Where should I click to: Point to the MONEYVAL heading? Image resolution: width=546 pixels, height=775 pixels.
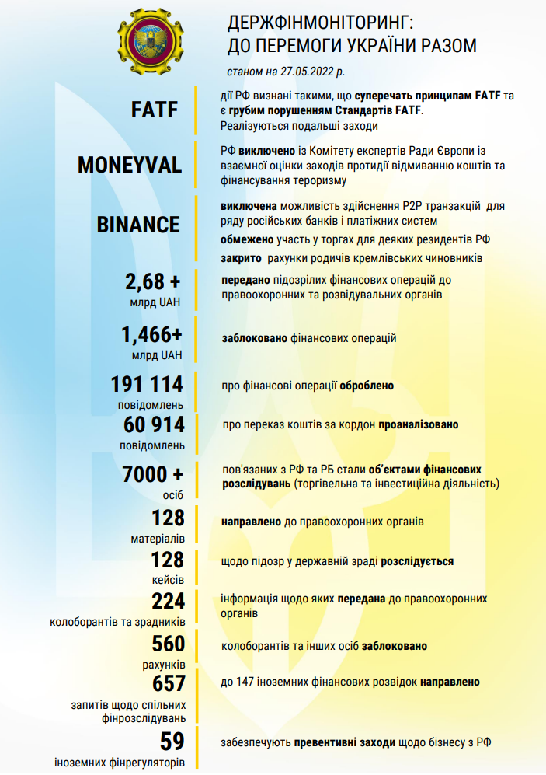[x=130, y=165]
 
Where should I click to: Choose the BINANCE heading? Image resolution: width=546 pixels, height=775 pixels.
[x=138, y=224]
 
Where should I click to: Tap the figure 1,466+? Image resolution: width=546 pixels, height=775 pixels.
[x=151, y=335]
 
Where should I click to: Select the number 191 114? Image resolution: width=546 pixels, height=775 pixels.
[x=147, y=384]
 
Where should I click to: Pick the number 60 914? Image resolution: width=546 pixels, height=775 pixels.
[x=153, y=424]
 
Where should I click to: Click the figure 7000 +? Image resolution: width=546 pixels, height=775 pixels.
[x=153, y=474]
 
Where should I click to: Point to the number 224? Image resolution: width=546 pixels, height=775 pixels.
[x=168, y=601]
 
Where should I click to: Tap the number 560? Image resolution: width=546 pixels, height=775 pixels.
[x=168, y=644]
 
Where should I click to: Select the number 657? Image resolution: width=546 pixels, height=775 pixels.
[x=169, y=683]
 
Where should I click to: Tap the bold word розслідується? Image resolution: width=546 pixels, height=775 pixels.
[x=417, y=561]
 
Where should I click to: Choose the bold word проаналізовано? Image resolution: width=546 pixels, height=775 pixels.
[x=418, y=425]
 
